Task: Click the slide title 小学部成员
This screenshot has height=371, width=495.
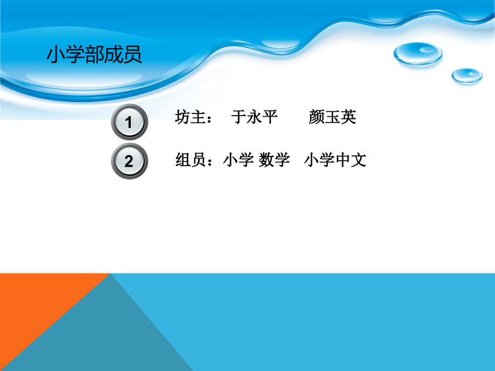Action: click(95, 55)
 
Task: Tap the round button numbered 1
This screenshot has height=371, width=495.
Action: click(129, 122)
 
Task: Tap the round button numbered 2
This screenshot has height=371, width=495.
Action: click(129, 161)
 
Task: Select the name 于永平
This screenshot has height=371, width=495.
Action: click(254, 117)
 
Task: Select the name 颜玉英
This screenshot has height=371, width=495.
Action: click(333, 117)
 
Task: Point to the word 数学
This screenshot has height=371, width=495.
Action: click(274, 160)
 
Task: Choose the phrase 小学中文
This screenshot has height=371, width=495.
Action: click(335, 160)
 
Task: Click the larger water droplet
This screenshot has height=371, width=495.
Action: click(417, 54)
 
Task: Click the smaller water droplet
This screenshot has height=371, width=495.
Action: click(466, 75)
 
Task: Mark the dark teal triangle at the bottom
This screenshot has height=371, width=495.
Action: click(108, 339)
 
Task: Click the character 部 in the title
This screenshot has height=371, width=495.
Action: click(95, 55)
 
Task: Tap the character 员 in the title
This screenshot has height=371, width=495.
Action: click(133, 55)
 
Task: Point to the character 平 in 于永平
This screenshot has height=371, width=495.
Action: click(270, 117)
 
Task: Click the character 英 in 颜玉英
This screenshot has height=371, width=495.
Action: click(348, 117)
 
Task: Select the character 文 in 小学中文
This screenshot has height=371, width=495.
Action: click(359, 160)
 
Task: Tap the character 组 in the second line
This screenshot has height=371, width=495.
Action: click(183, 160)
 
